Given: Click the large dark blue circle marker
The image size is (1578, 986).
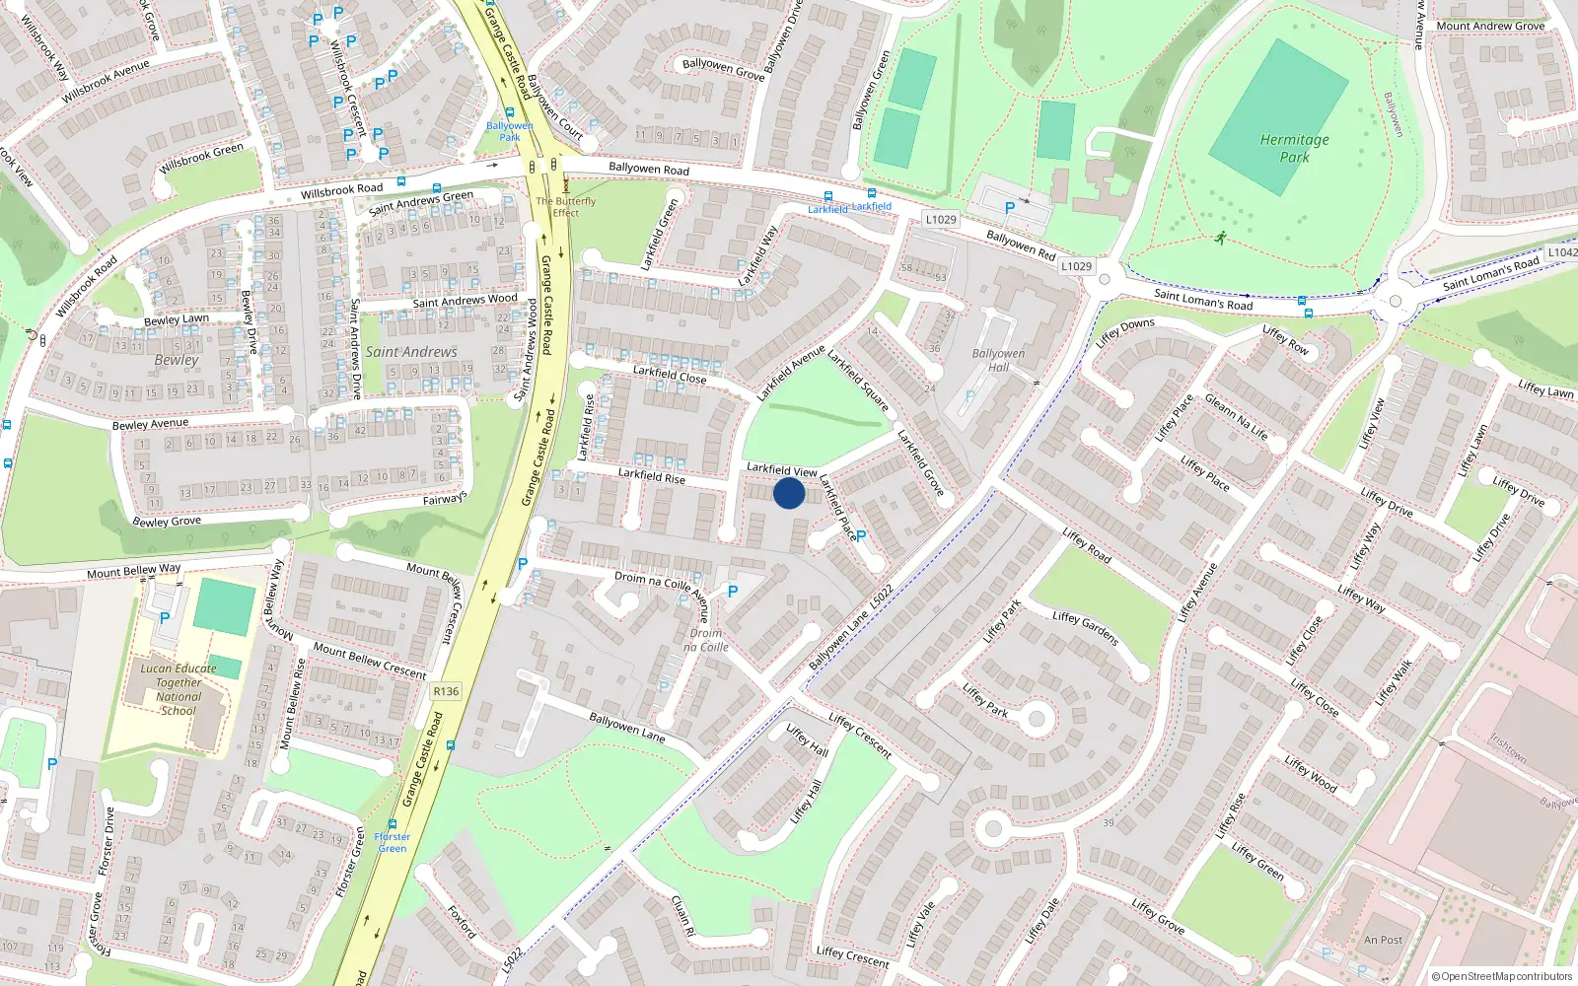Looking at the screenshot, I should (x=789, y=493).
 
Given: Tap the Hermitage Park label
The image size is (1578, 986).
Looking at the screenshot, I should (x=1294, y=148).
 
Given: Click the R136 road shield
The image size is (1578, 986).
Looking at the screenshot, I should (x=446, y=691).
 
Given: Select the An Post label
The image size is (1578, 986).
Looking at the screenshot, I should (x=1383, y=940).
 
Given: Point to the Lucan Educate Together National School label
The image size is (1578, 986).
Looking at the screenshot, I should (x=179, y=689).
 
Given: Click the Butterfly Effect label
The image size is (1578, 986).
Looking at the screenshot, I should (x=566, y=207).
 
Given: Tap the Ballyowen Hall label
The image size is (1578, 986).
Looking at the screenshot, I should (x=998, y=360).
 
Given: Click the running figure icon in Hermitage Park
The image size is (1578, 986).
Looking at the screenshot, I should (x=1221, y=238).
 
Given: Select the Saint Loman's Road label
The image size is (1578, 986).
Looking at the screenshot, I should (x=1203, y=300).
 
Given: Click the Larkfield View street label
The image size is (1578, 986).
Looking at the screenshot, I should (x=781, y=469).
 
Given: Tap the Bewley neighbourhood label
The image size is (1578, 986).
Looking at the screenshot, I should (x=177, y=360).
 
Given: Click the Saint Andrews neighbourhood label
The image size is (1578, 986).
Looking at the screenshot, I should (x=411, y=352).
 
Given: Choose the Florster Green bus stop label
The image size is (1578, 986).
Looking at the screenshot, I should (x=393, y=842).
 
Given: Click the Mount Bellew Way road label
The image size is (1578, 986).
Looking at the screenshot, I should (x=134, y=571).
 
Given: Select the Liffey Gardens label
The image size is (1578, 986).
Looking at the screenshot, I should (x=1085, y=628).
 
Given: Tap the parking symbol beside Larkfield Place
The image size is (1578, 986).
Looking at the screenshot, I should (x=861, y=536).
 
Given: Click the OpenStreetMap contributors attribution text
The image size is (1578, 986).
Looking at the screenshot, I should (x=1502, y=976).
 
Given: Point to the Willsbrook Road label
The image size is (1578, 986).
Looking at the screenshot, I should (x=341, y=189).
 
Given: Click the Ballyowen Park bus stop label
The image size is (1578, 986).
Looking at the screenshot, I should (x=509, y=131).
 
